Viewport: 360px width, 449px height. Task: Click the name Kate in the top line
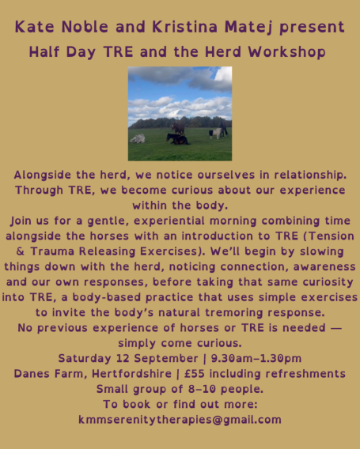click(34, 27)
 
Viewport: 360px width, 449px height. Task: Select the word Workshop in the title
click(287, 52)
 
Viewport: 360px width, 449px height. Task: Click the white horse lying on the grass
click(138, 138)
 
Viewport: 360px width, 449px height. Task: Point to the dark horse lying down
click(177, 139)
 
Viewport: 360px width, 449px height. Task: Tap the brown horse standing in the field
click(178, 128)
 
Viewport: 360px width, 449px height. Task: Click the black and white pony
click(215, 133)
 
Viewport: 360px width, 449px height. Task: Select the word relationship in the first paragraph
click(310, 175)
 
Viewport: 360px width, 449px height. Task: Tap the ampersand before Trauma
click(20, 251)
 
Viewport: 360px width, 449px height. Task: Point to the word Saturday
click(85, 358)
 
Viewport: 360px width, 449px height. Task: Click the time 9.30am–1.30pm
click(256, 359)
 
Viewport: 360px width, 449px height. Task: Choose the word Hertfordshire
click(132, 374)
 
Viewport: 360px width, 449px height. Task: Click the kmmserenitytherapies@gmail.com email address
click(180, 420)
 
